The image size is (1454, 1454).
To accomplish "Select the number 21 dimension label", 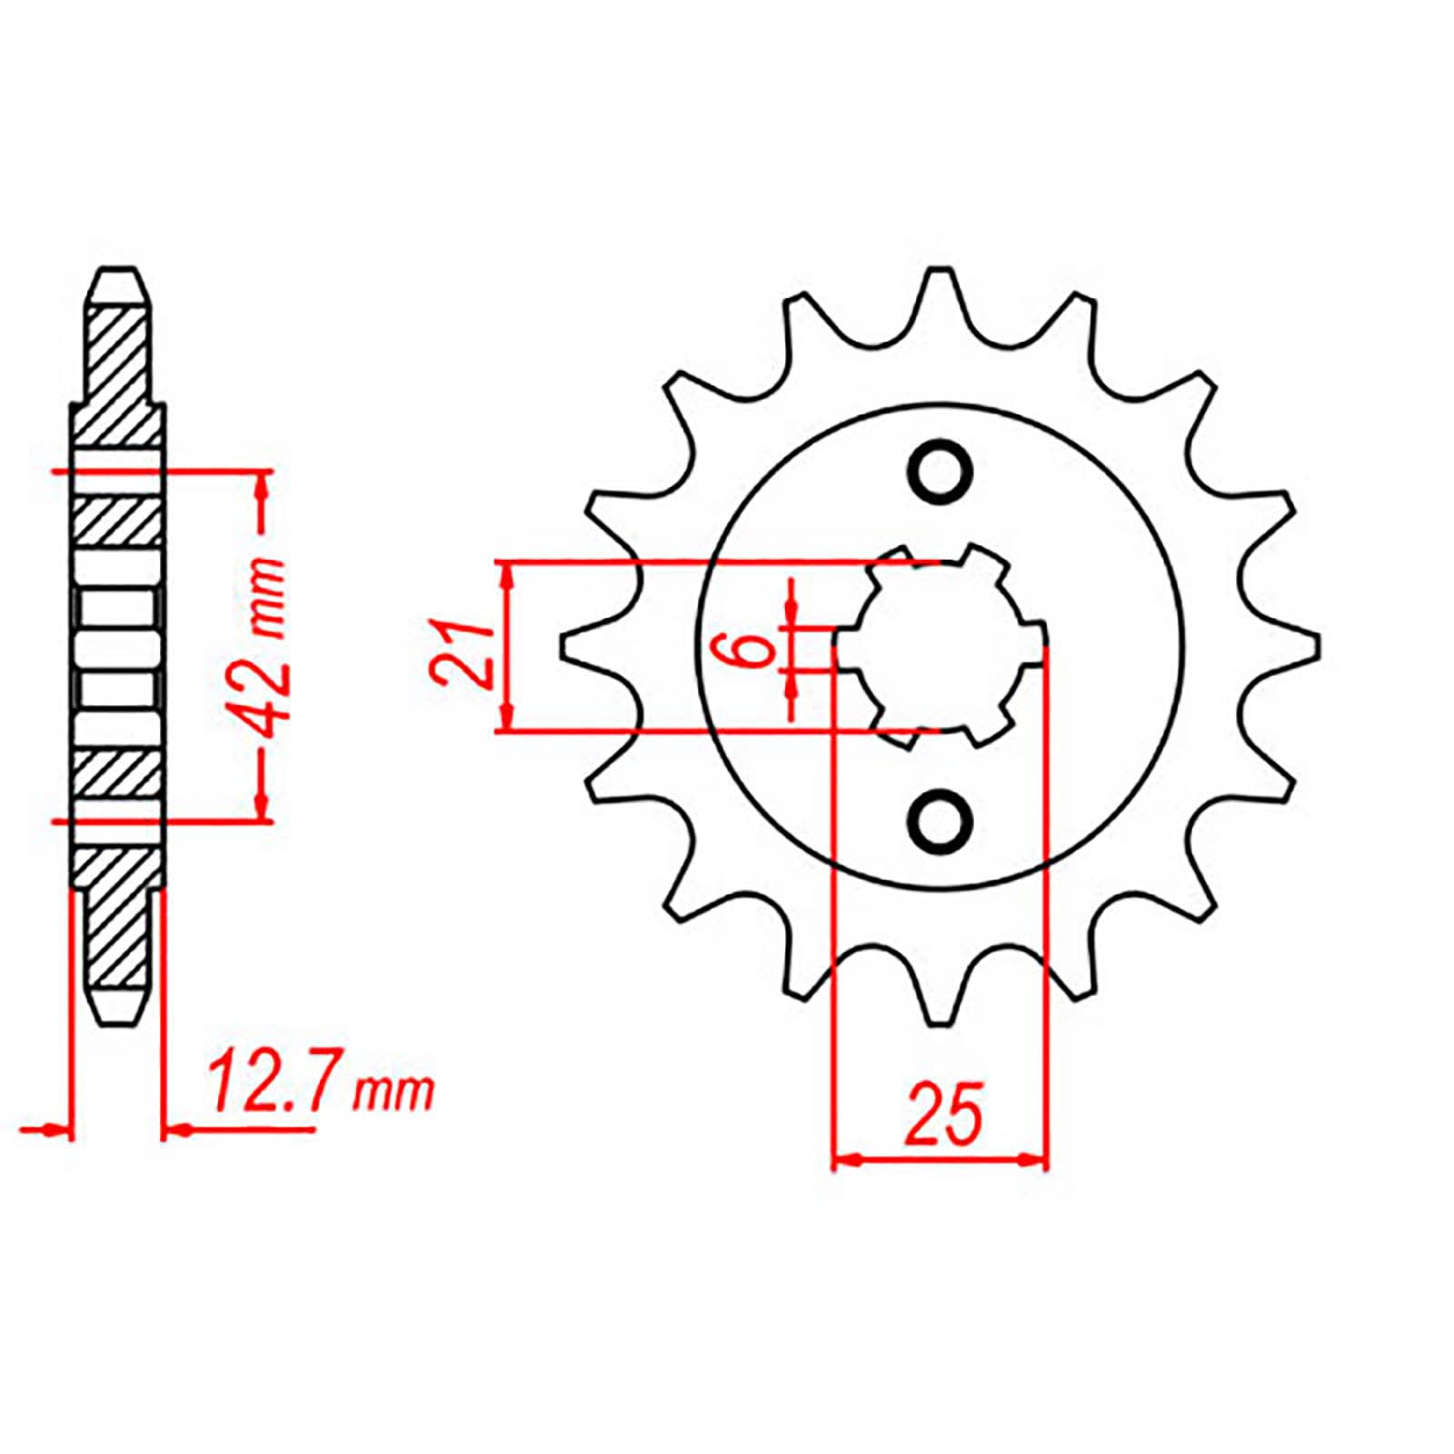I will [463, 652].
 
